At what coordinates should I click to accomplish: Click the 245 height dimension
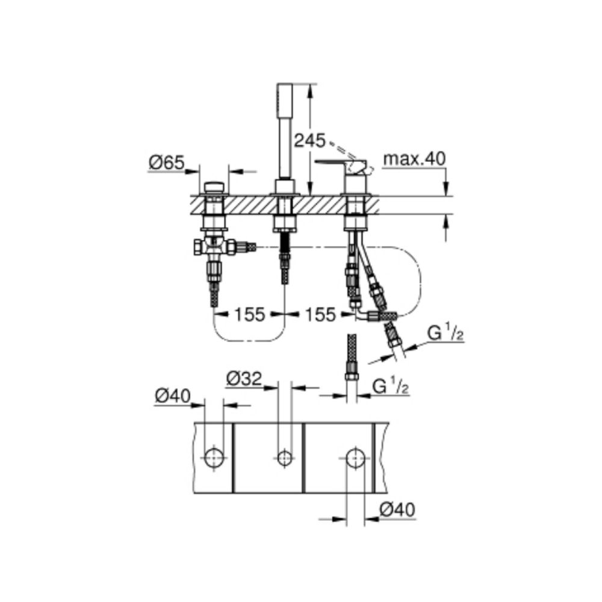tap(310, 141)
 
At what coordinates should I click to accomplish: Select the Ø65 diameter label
tap(167, 163)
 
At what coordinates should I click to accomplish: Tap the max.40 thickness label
tap(415, 158)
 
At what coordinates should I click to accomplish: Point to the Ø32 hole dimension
tap(244, 379)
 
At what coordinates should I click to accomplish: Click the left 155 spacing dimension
tap(250, 314)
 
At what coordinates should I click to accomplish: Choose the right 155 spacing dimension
tap(320, 314)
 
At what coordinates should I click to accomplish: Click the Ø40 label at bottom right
tap(397, 510)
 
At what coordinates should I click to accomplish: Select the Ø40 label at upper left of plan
tap(173, 396)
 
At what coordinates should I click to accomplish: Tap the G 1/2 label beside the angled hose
tap(445, 334)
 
